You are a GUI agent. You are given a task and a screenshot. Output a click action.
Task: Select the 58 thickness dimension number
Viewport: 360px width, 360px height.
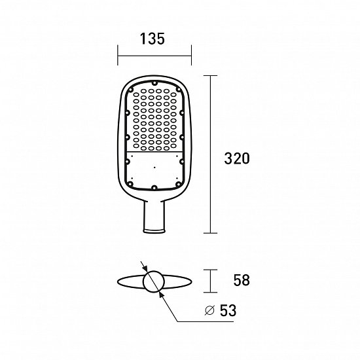[x=242, y=281]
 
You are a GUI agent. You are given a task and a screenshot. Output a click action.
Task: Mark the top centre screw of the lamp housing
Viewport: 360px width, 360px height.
[x=154, y=84]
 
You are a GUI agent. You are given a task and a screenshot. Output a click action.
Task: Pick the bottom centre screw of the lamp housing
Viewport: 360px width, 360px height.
[x=154, y=189]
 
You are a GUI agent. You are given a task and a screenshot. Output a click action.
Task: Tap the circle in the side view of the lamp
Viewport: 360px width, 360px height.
[x=154, y=281]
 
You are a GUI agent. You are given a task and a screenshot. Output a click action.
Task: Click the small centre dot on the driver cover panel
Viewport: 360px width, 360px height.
[x=154, y=168]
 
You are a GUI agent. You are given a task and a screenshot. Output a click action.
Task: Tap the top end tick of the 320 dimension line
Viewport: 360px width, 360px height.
[x=209, y=76]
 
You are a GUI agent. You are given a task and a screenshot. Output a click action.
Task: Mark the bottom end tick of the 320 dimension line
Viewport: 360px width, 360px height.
[x=209, y=233]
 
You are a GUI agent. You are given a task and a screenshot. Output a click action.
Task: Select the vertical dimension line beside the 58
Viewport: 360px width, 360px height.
[x=209, y=281]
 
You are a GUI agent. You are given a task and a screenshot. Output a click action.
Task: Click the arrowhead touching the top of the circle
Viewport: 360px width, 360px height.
[x=148, y=270]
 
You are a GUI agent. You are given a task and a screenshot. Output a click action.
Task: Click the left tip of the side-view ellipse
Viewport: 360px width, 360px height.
[x=117, y=281]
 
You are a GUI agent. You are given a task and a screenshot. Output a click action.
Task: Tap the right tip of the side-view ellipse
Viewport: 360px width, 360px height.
[x=192, y=281]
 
